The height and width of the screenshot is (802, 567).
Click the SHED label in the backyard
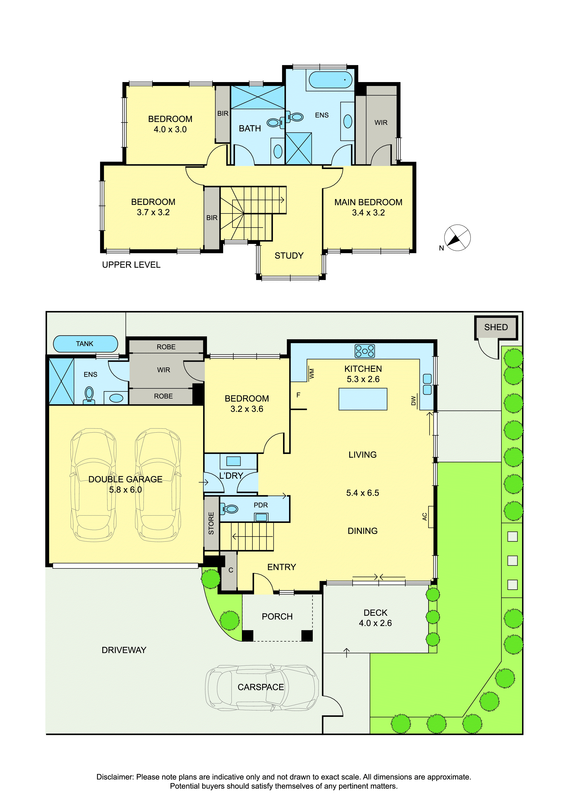(496, 327)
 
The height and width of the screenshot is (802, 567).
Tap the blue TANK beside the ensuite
(85, 344)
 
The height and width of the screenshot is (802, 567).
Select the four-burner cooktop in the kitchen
(364, 351)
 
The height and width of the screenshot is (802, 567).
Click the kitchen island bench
(363, 399)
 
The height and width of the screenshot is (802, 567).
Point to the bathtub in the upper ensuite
(331, 80)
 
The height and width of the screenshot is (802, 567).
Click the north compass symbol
(457, 238)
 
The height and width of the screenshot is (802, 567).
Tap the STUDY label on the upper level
(289, 256)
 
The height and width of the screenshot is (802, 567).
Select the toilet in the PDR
(229, 509)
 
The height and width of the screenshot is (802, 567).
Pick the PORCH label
(277, 617)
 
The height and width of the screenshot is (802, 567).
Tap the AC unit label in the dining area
(425, 517)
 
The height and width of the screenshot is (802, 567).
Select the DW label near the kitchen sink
(414, 401)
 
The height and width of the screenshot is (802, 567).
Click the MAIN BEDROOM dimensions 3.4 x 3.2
(368, 213)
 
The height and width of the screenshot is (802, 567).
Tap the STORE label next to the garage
(211, 523)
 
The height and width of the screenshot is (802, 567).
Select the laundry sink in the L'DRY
(233, 461)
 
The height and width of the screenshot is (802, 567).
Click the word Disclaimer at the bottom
(115, 777)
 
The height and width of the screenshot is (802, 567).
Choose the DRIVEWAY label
(124, 650)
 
